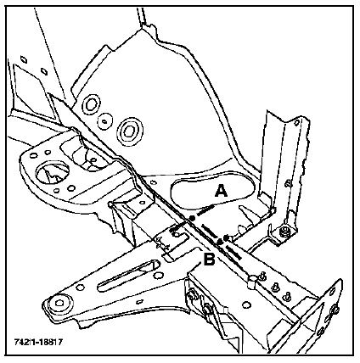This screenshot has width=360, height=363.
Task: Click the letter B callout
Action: point(209,260)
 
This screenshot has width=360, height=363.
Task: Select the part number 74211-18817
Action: point(38,342)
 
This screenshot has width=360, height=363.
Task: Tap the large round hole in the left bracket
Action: point(53,173)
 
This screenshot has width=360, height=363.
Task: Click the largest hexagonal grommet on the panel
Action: point(129,131)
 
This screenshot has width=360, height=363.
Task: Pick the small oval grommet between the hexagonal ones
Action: point(104,121)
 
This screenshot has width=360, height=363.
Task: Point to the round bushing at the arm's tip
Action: point(59,304)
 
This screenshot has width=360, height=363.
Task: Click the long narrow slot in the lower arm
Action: point(127,276)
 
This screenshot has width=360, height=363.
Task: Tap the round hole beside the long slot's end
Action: point(159,276)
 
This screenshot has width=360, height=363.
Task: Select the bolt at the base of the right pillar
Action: point(283,232)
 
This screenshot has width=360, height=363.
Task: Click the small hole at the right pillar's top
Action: point(296,123)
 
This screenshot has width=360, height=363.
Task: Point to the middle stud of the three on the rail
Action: point(274,288)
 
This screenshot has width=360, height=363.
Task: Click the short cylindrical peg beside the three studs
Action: point(252,281)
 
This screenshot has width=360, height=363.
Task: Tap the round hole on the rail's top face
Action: point(246,304)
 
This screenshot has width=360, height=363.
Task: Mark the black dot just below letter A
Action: point(193,218)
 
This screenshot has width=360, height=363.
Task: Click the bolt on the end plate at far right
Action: point(335,310)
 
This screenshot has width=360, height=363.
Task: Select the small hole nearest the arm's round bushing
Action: point(81,288)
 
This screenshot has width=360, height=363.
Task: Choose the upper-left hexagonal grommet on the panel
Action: point(91,104)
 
